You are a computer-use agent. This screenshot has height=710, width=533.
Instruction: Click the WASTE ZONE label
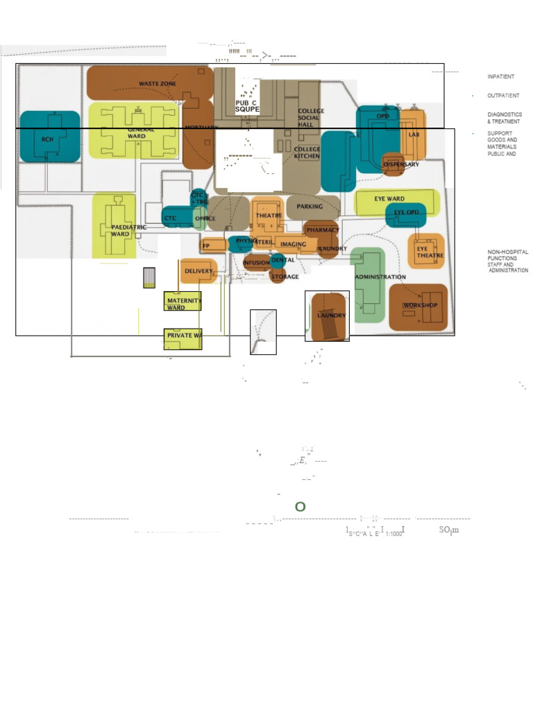158,84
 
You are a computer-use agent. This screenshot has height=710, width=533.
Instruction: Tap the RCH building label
47,139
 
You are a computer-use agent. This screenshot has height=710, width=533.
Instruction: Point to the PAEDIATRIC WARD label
128,230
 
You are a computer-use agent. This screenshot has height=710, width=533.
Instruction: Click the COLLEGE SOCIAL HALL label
310,118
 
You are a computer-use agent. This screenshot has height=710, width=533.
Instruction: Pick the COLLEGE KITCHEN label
307,153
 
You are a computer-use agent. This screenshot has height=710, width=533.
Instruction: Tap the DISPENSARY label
401,164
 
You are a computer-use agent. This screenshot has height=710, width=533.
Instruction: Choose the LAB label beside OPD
414,135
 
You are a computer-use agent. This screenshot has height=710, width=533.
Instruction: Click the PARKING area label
310,207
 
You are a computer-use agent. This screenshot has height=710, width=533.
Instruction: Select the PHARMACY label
323,230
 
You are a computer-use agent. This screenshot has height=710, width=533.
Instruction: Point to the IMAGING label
293,244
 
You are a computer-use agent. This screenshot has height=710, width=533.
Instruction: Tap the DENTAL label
283,260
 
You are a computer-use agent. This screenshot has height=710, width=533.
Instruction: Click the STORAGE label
285,277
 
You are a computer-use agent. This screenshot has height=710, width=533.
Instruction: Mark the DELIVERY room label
198,270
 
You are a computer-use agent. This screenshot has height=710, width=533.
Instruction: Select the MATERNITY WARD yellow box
183,302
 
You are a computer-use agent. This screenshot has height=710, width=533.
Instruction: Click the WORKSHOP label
421,305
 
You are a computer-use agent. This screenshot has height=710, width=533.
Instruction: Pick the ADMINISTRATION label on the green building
380,277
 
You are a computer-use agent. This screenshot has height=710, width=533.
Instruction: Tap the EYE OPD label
407,212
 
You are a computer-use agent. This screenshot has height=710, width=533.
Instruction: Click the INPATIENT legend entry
500,76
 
